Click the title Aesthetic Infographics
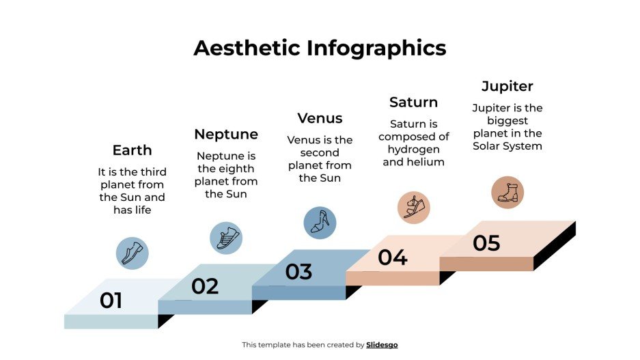320,48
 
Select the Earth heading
132,150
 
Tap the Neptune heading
226,134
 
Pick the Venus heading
320,118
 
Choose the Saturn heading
413,102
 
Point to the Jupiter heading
507,87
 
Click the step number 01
111,301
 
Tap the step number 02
204,286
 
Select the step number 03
298,272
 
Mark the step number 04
393,258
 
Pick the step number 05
486,243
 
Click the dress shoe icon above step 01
132,252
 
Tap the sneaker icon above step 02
226,238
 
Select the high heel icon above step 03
320,223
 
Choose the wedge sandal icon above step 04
413,208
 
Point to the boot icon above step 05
507,193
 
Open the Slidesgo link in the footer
382,345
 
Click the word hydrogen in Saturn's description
413,150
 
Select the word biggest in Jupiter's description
507,121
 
